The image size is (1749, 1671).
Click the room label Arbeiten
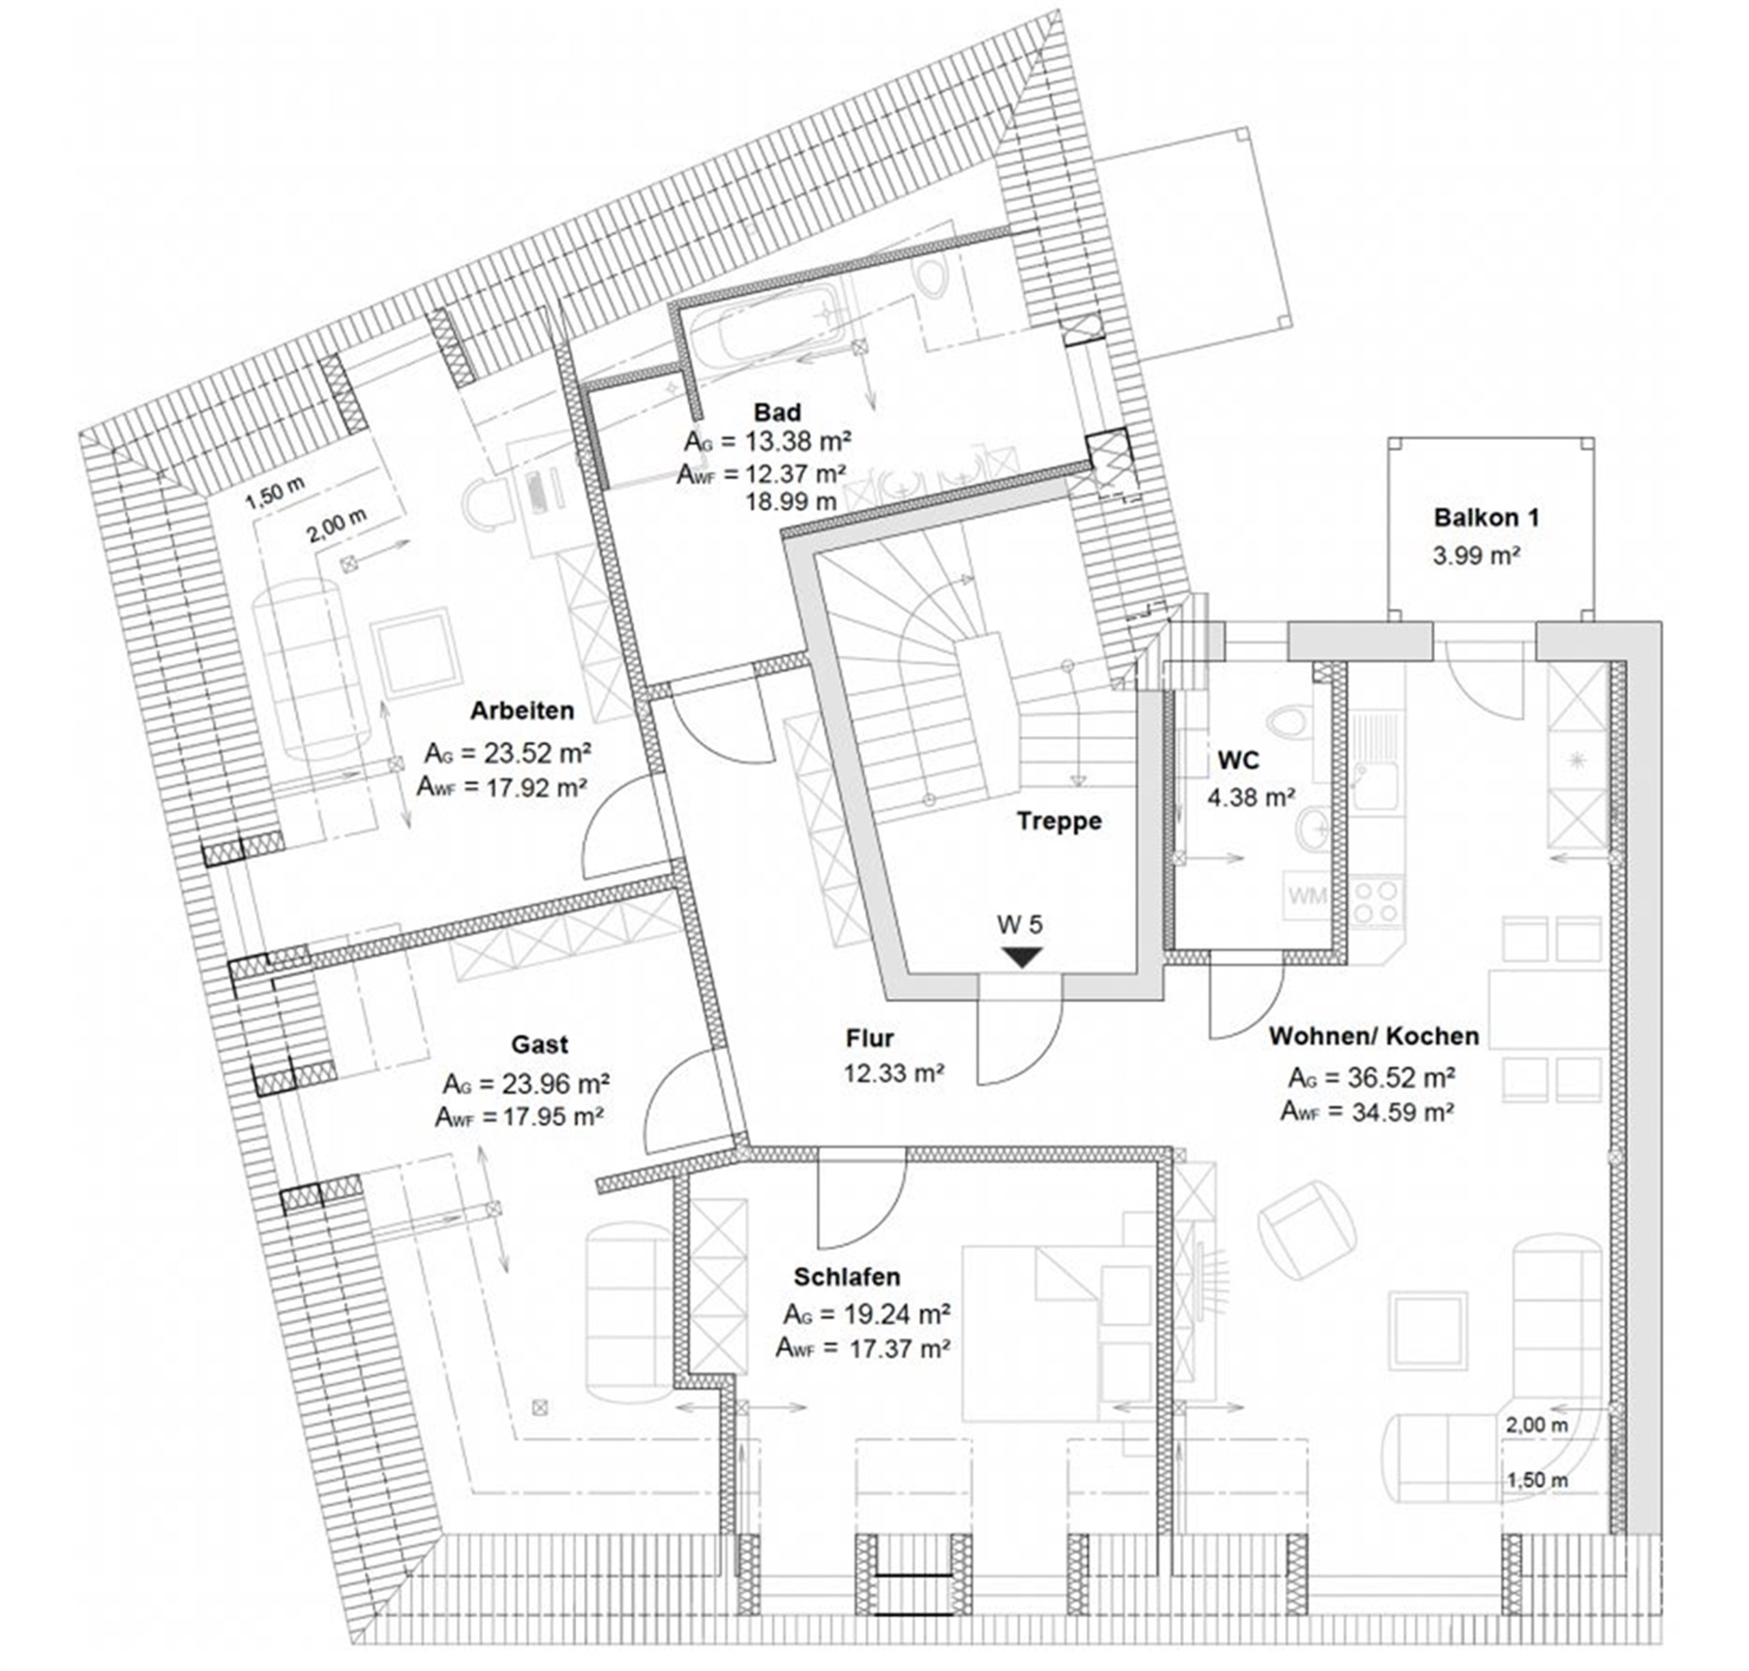tap(522, 711)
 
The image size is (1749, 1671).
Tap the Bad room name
tap(777, 412)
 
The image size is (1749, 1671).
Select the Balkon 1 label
tap(1486, 517)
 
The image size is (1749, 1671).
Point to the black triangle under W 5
tap(1021, 957)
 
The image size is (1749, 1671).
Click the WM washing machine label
tap(1307, 895)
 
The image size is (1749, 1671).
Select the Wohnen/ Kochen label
tap(1374, 1036)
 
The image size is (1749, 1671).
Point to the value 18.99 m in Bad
tap(790, 502)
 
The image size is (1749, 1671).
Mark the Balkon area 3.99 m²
tap(1476, 556)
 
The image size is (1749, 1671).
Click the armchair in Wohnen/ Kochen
tap(1306, 1232)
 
